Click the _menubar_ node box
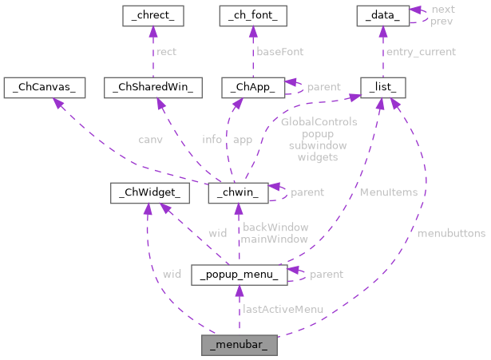click(x=240, y=346)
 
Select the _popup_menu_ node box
click(x=239, y=275)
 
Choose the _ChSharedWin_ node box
click(x=154, y=87)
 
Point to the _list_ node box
click(x=383, y=87)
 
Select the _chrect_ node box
click(x=152, y=15)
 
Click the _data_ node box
click(x=382, y=15)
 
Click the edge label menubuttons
click(x=451, y=233)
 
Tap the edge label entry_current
click(x=421, y=52)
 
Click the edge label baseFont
click(x=279, y=52)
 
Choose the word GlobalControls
click(x=319, y=122)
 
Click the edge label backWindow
click(x=275, y=227)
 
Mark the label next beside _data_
click(x=442, y=9)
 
